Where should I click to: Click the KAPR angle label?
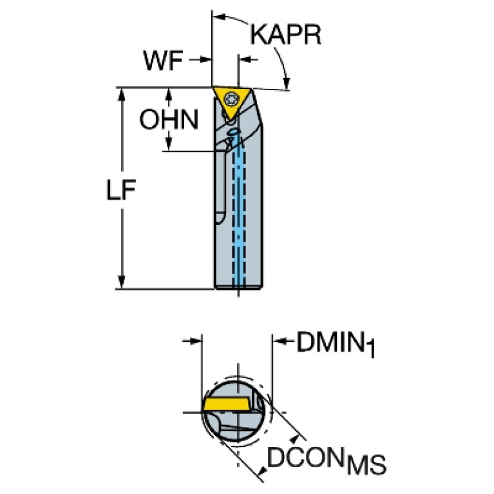(285, 35)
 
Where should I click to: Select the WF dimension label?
(163, 60)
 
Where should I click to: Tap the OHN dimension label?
(169, 119)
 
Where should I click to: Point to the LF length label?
(121, 189)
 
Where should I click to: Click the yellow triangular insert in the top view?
(233, 102)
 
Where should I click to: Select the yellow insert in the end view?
(226, 404)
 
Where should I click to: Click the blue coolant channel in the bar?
(239, 211)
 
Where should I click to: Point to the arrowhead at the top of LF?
(121, 94)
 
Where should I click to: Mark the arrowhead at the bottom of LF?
(121, 281)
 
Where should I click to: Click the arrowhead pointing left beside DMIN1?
(280, 341)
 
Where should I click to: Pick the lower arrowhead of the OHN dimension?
(169, 144)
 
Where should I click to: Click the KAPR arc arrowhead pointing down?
(287, 84)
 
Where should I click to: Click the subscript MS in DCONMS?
(366, 465)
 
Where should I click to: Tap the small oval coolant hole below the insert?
(234, 131)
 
